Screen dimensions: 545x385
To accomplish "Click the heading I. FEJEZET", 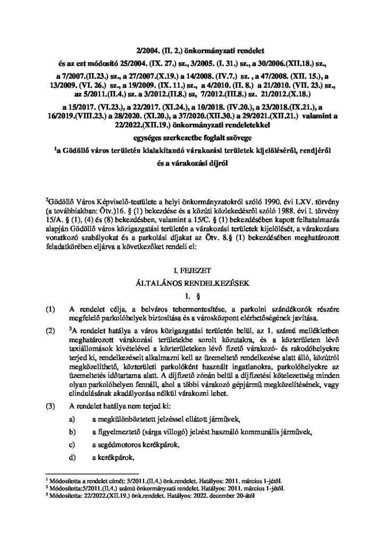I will (x=192, y=270).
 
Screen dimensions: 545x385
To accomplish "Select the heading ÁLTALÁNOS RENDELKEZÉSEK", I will (x=192, y=282).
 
